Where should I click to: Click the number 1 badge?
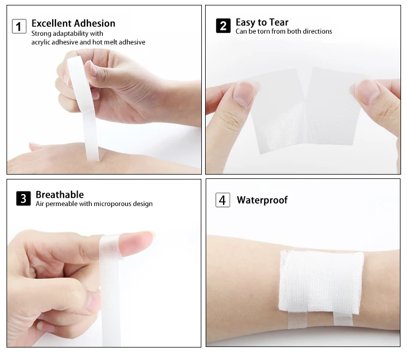click(x=20, y=25)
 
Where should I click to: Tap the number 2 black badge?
click(x=223, y=25)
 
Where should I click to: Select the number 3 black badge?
click(x=23, y=198)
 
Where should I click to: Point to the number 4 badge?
click(x=223, y=200)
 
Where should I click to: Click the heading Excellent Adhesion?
click(x=73, y=23)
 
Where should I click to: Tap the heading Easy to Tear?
click(x=262, y=22)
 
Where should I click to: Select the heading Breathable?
click(x=60, y=194)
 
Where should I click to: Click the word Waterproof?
click(x=262, y=200)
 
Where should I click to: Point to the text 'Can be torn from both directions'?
click(x=283, y=32)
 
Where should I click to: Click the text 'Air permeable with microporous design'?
click(x=94, y=204)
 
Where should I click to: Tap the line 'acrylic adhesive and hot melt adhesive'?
click(x=88, y=42)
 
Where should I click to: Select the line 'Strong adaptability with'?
click(x=67, y=34)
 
